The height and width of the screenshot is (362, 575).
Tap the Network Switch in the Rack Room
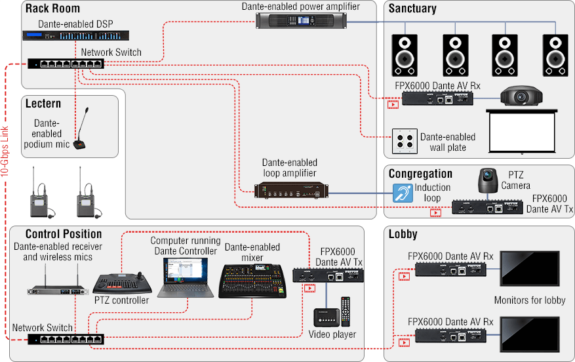point(66,64)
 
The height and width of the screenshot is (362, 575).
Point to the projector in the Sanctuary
point(521,96)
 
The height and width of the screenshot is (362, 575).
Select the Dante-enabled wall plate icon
point(404,141)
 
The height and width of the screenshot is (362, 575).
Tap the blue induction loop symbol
point(402,192)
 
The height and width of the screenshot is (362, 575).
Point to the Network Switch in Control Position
point(66,339)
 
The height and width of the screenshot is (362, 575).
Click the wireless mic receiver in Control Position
point(57,289)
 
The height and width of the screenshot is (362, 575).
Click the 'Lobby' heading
point(403,234)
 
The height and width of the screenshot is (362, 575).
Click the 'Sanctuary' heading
point(412,9)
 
